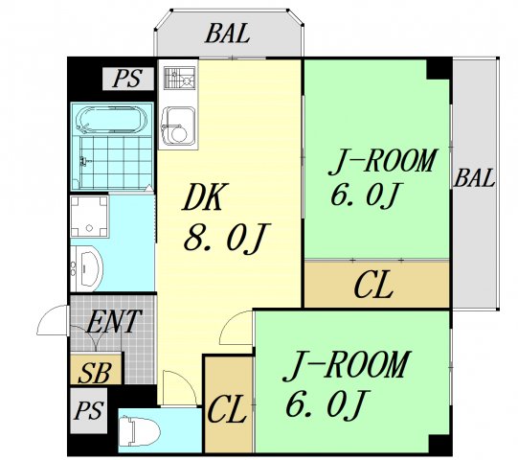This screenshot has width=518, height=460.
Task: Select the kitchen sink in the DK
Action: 177,124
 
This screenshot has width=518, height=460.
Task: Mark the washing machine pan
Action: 91,218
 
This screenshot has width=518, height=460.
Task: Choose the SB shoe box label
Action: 93,372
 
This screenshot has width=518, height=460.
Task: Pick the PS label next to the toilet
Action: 89,413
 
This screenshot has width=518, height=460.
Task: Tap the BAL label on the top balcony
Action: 228,34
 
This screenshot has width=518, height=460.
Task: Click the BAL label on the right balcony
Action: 475,178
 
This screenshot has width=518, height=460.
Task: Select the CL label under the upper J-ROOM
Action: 372,286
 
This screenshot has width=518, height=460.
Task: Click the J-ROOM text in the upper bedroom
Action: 383,160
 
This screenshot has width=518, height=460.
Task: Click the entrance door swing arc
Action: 53,322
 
